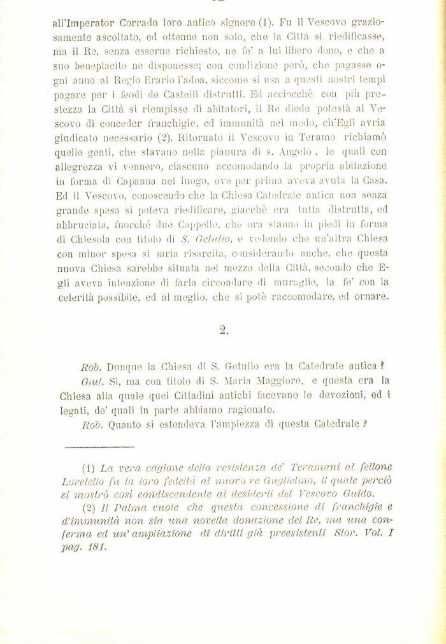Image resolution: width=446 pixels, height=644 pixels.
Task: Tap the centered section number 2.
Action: tap(223, 330)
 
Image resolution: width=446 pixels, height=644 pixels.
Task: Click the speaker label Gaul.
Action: tap(94, 381)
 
